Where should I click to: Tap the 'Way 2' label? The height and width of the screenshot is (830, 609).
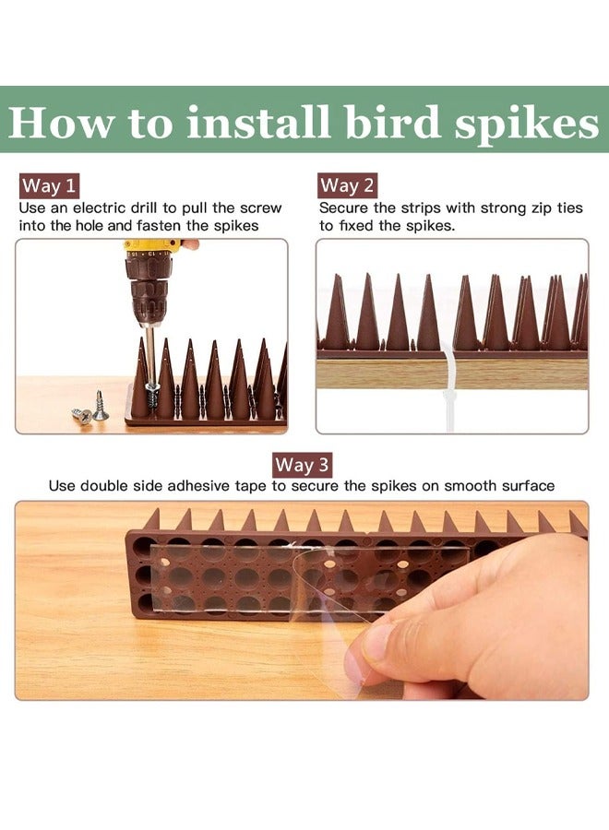click(x=347, y=185)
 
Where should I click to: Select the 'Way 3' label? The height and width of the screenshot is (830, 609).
click(x=303, y=464)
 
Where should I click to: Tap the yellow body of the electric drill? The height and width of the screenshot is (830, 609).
click(x=152, y=249)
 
